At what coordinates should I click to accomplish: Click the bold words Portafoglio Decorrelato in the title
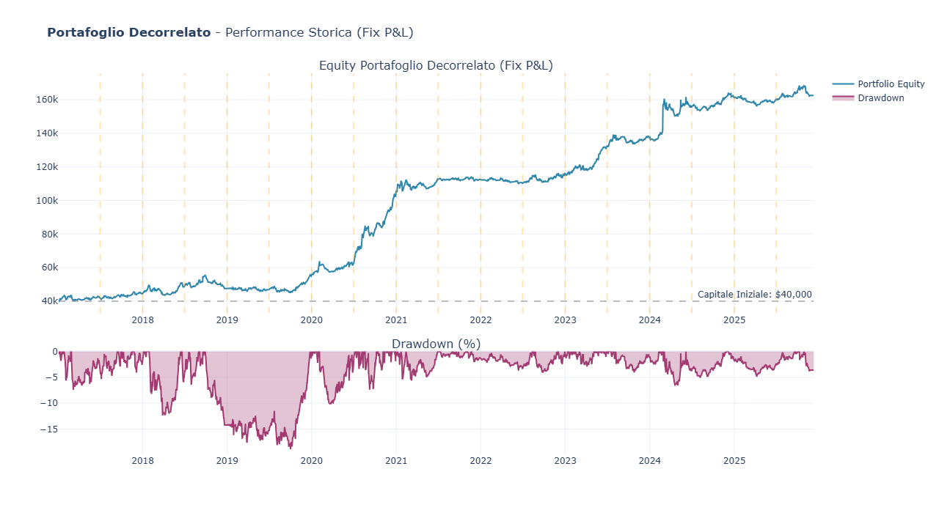tap(128, 33)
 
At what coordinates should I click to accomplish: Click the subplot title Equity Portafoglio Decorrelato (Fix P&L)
tap(436, 66)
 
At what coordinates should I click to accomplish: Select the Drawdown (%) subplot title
tap(436, 344)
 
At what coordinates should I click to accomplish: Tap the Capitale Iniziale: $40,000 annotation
tap(754, 295)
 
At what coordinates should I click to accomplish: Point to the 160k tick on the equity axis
tap(46, 100)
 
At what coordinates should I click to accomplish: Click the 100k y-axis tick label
tap(46, 201)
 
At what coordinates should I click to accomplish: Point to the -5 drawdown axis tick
tap(51, 377)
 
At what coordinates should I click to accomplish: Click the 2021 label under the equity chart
tap(396, 320)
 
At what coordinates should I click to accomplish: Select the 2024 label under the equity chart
tap(649, 320)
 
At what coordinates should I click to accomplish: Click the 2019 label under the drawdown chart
tap(227, 461)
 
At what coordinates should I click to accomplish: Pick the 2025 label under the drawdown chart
tap(734, 461)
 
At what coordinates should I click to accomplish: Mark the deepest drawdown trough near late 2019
tap(291, 448)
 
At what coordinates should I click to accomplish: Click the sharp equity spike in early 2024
tap(664, 100)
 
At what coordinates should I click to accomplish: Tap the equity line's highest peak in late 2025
tap(803, 86)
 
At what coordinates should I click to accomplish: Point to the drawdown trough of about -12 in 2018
tap(164, 415)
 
